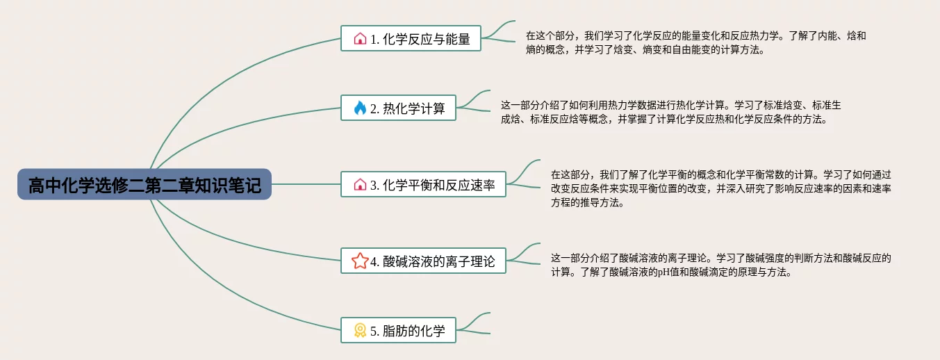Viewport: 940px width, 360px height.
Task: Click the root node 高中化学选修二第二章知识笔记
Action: (x=145, y=185)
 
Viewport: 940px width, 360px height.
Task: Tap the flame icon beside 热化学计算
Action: (x=360, y=108)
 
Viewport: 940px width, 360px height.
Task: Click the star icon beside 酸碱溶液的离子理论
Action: (x=359, y=261)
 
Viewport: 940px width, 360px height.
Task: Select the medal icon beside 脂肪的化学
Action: (x=360, y=330)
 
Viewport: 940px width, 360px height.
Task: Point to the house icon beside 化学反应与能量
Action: (x=360, y=39)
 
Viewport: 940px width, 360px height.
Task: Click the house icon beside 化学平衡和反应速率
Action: (x=360, y=185)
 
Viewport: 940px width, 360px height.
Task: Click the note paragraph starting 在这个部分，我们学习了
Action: (x=695, y=42)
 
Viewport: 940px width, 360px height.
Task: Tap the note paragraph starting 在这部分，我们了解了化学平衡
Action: (x=720, y=188)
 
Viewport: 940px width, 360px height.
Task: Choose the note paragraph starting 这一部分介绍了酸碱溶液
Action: (x=720, y=265)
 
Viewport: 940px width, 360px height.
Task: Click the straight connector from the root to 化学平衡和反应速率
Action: (x=306, y=185)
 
